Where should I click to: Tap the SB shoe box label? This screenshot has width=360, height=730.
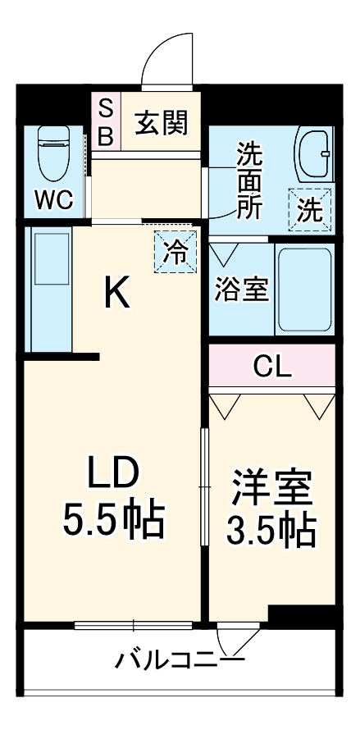(106, 122)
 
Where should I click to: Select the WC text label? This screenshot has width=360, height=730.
(52, 198)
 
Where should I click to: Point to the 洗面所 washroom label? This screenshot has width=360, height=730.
(250, 180)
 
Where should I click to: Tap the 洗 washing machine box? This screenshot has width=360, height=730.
(310, 210)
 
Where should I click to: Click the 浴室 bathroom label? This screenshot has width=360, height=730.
(242, 289)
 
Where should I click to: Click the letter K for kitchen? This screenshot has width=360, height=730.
(117, 293)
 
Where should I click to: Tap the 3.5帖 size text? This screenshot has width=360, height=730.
(271, 532)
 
